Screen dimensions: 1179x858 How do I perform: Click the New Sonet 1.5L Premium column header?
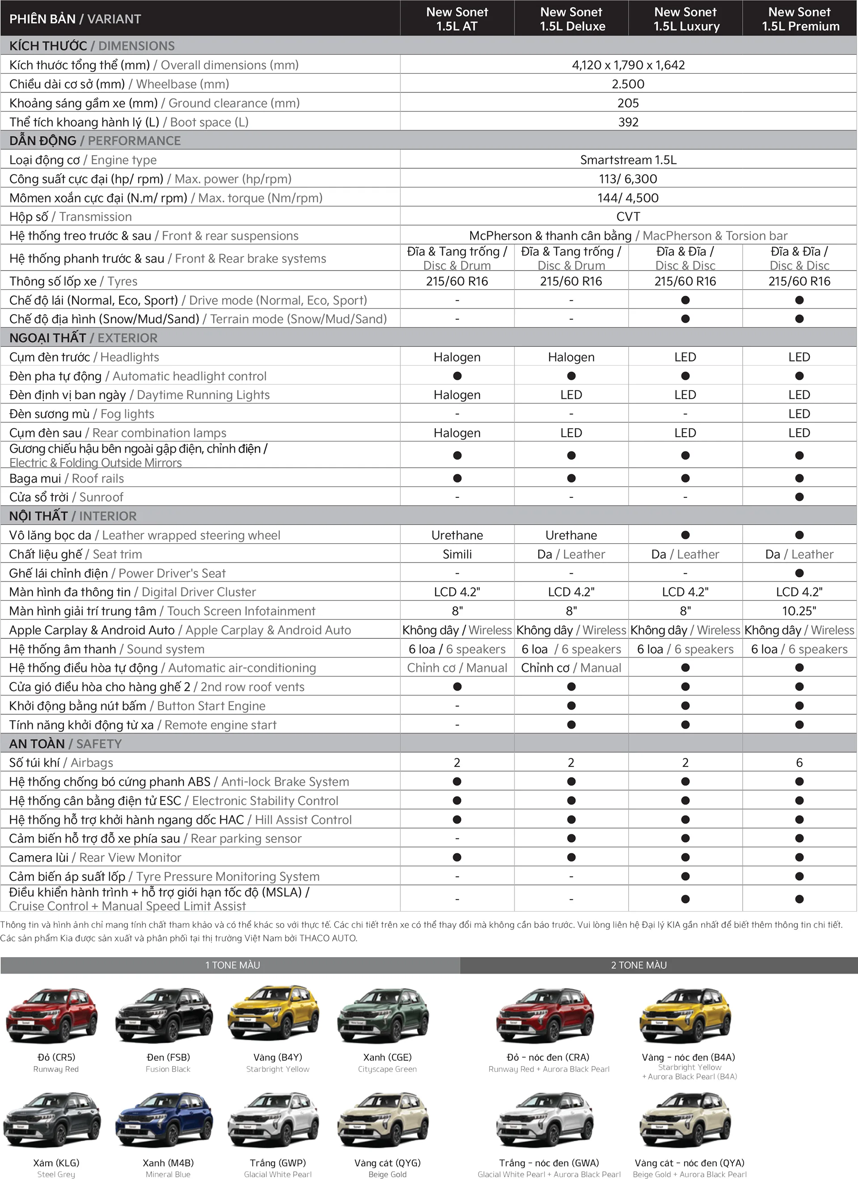click(800, 19)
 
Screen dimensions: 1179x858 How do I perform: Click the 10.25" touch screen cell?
click(799, 611)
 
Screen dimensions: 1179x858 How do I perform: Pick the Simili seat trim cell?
click(457, 554)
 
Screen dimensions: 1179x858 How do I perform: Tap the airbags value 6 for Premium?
click(799, 762)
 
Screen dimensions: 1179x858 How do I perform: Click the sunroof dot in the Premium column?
click(799, 497)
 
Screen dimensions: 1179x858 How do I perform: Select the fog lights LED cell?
click(799, 414)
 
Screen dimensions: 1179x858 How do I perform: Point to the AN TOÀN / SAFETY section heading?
click(66, 744)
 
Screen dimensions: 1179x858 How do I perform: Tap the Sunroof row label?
click(67, 497)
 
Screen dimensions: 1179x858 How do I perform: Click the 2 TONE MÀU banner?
click(639, 965)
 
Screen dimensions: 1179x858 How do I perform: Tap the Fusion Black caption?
click(168, 1069)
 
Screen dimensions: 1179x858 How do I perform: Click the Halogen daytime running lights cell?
click(457, 395)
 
